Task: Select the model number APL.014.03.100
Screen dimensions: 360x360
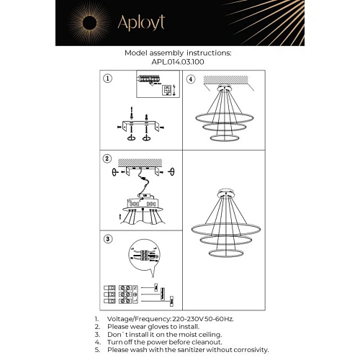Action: (178, 62)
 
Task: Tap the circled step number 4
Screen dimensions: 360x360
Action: (190, 78)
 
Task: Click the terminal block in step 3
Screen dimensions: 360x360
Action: (121, 296)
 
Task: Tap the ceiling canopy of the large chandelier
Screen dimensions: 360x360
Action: (224, 194)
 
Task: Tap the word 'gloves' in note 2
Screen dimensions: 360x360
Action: (147, 325)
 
